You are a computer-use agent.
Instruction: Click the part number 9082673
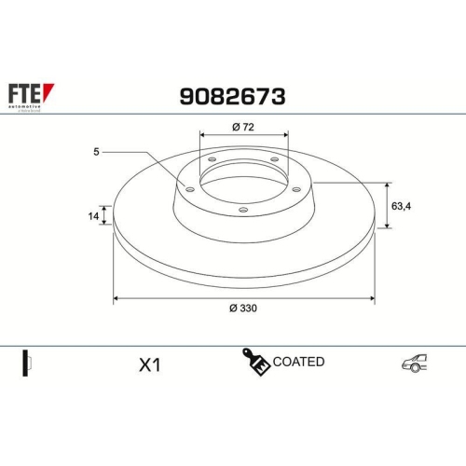pyautogui.click(x=231, y=95)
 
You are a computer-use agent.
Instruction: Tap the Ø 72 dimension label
pyautogui.click(x=243, y=127)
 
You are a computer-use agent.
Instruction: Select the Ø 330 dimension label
pyautogui.click(x=243, y=309)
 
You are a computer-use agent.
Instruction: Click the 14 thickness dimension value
pyautogui.click(x=92, y=216)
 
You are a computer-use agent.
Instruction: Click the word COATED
pyautogui.click(x=299, y=362)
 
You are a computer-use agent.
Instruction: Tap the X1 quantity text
pyautogui.click(x=149, y=365)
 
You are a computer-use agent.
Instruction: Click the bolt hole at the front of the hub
pyautogui.click(x=243, y=210)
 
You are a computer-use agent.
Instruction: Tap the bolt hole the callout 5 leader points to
pyautogui.click(x=190, y=190)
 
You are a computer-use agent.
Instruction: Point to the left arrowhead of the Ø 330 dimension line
pyautogui.click(x=116, y=299)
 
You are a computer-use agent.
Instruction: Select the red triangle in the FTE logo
pyautogui.click(x=50, y=89)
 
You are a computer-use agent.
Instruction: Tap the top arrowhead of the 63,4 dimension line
pyautogui.click(x=387, y=183)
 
